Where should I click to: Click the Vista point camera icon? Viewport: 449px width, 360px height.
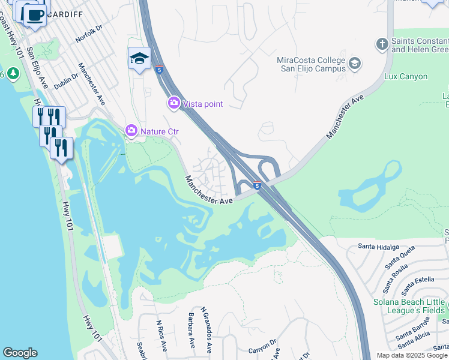[174, 104]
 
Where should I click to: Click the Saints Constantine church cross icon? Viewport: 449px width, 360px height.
[382, 44]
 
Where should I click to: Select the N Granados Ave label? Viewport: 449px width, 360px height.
[206, 330]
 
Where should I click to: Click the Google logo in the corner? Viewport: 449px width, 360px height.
[20, 353]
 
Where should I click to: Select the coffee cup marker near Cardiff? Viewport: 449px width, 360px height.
[35, 14]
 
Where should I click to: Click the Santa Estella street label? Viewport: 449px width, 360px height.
[415, 279]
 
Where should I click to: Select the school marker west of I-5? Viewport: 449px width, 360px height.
[139, 59]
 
